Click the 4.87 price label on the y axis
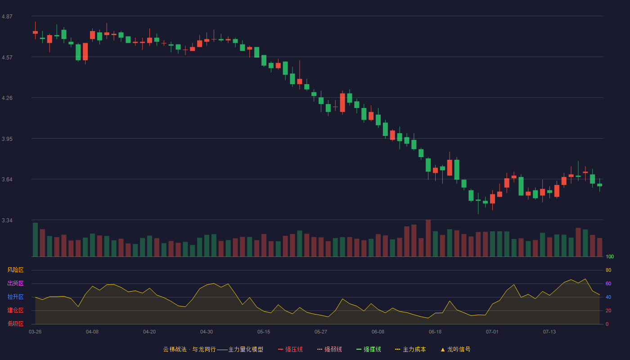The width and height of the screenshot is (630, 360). [7, 17]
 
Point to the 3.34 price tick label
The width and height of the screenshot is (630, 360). [7, 220]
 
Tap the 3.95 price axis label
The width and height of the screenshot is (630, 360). [7, 139]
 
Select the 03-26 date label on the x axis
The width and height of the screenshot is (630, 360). [35, 332]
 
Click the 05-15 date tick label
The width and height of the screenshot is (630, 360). [264, 332]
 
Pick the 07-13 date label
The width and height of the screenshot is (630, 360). [549, 332]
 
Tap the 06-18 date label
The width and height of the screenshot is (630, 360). [435, 332]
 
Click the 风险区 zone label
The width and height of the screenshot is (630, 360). [15, 270]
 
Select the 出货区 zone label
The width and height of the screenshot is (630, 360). [15, 283]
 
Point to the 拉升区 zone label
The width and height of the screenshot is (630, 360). [15, 297]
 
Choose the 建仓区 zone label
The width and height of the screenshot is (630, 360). [15, 310]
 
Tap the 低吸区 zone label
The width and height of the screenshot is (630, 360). [15, 324]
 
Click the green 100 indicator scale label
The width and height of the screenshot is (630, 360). [610, 256]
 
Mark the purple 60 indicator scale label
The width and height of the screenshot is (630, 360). [608, 283]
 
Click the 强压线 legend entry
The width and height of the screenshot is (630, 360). [290, 349]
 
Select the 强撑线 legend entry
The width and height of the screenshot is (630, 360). [369, 349]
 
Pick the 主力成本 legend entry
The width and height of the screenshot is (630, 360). [410, 349]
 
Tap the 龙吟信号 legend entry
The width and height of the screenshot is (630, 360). [455, 349]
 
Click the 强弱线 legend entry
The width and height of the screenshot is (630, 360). [329, 349]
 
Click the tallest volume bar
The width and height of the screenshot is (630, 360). [428, 238]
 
